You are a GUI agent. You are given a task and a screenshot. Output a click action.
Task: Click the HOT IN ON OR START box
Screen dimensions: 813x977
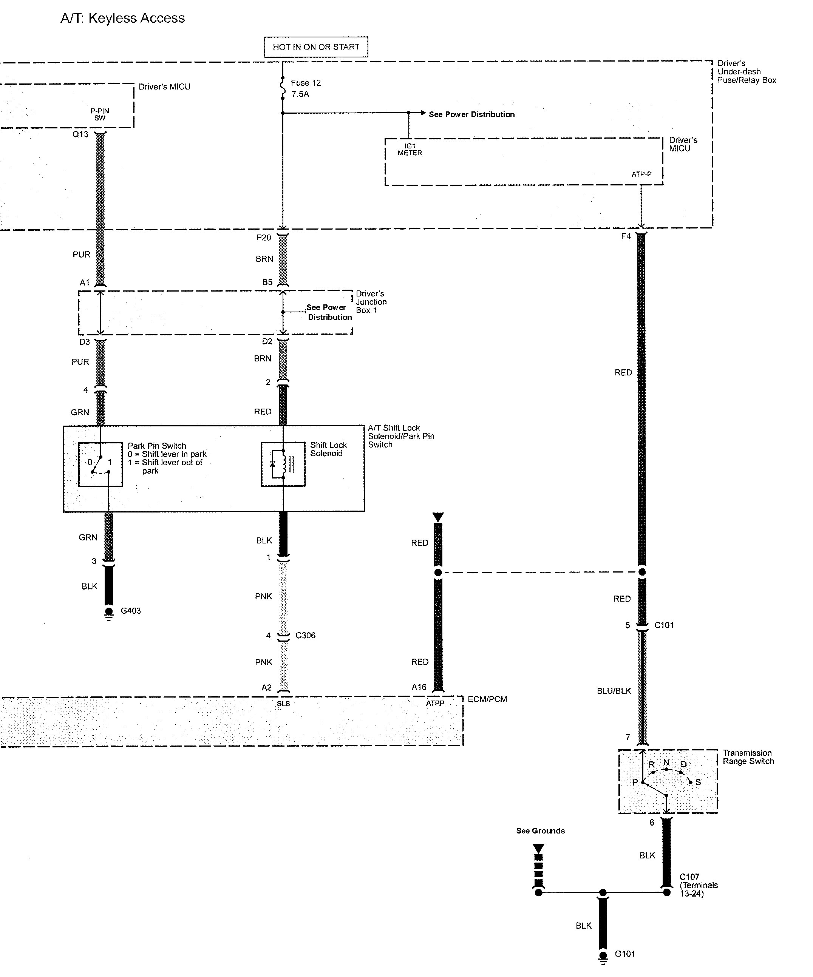click(316, 47)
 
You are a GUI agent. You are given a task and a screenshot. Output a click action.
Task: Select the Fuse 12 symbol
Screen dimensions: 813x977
click(283, 88)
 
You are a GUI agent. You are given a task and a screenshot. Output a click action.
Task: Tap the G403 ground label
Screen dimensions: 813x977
click(131, 611)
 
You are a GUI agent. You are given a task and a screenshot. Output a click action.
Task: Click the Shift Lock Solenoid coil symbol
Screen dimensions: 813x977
click(283, 464)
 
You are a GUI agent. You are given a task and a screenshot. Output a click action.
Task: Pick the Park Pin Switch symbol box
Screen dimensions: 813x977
click(100, 464)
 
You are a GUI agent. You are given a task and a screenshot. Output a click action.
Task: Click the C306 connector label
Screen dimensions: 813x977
click(305, 636)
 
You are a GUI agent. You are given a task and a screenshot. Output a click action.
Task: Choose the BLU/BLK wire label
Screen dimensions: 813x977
click(614, 691)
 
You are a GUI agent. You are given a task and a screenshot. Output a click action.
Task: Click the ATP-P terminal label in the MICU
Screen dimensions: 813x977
click(641, 174)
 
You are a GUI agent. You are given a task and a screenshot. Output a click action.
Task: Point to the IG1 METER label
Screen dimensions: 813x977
click(410, 149)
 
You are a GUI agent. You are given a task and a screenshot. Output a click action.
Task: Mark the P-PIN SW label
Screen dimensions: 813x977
click(100, 114)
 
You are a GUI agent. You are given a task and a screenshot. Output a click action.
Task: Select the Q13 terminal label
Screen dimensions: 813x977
click(80, 134)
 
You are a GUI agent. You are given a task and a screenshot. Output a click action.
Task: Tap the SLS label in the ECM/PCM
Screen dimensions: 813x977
click(283, 704)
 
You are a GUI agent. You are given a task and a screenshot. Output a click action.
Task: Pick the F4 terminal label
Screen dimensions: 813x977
click(626, 236)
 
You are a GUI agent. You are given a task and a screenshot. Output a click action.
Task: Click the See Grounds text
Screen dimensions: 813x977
click(540, 831)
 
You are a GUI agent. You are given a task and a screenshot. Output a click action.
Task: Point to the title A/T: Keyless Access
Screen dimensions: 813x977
click(123, 18)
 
